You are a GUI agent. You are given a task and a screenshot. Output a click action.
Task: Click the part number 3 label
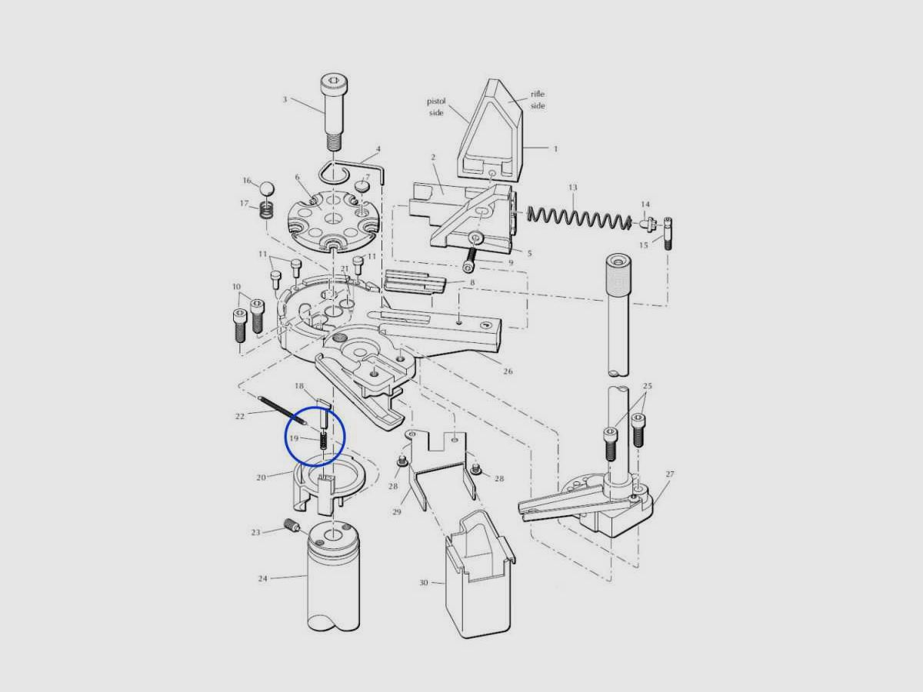click(x=285, y=100)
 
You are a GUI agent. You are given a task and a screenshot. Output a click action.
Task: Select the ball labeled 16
click(x=266, y=188)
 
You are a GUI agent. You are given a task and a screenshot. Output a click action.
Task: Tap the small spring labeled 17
click(x=267, y=210)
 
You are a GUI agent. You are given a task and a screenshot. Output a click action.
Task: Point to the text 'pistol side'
click(x=436, y=107)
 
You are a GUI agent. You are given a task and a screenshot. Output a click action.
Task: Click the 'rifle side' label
click(x=538, y=100)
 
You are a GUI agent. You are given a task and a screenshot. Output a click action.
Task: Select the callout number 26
click(x=508, y=371)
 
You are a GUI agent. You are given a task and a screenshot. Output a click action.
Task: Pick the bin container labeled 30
click(x=480, y=574)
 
